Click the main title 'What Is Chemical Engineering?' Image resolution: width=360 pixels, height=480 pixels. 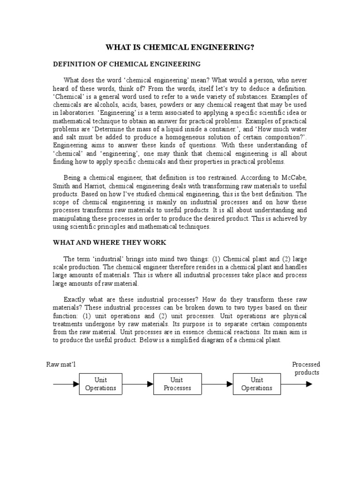180,47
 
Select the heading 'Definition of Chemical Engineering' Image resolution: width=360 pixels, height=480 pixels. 127,64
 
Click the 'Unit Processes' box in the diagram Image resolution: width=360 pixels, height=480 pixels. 178,384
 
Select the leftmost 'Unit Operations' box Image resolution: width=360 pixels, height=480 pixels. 100,384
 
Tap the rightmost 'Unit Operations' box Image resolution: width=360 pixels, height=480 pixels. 256,384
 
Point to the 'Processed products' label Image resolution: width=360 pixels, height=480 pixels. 306,368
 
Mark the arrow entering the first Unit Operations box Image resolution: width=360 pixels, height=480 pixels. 66,384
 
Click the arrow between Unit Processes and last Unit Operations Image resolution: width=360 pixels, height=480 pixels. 217,384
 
